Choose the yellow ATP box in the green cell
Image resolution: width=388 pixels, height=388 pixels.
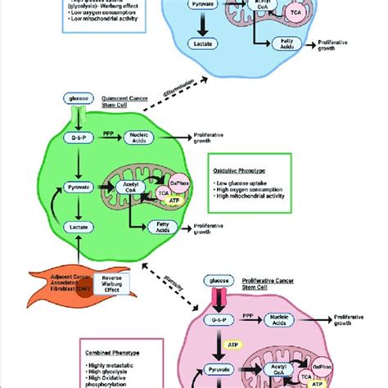173,199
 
